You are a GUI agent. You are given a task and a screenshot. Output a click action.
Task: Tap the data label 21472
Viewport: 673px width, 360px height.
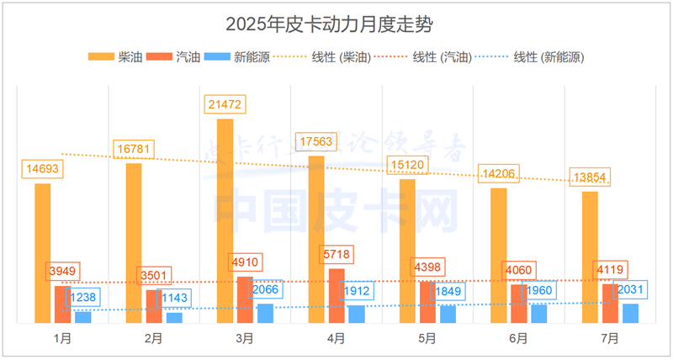[x=225, y=105]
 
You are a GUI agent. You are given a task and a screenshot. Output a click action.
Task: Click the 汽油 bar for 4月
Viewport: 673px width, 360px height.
[x=336, y=295]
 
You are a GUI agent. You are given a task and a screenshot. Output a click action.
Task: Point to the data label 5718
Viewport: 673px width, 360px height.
[x=336, y=254]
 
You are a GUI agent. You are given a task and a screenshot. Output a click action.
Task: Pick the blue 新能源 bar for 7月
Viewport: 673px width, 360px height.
[x=630, y=313]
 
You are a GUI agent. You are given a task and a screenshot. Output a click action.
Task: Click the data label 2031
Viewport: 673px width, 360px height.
[x=630, y=290]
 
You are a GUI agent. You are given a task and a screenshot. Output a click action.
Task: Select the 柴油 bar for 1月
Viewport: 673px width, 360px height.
[x=43, y=252]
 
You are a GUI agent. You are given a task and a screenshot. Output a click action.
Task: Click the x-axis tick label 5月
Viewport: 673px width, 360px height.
[x=427, y=339]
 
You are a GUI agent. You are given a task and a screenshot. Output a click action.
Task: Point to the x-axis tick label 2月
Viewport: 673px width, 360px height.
[x=153, y=339]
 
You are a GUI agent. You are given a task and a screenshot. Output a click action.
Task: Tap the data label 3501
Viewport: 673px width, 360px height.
[x=154, y=275]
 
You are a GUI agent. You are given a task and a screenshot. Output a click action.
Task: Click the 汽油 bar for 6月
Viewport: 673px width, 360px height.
[x=519, y=303]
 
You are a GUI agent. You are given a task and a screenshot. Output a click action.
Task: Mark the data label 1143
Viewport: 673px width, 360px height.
[x=172, y=298]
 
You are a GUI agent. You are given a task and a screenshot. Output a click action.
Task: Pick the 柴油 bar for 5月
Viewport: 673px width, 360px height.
[x=407, y=250]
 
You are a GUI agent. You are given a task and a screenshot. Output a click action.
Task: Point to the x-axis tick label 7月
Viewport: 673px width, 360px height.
[x=610, y=339]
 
